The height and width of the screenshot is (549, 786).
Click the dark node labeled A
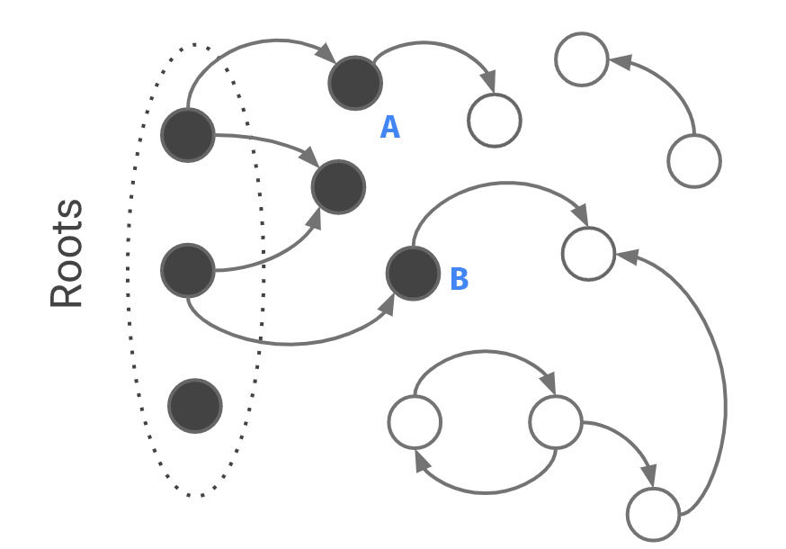355,83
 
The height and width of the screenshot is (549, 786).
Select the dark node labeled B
413,274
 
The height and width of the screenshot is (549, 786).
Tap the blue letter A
389,128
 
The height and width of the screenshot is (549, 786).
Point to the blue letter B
459,280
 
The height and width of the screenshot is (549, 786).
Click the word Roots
67,254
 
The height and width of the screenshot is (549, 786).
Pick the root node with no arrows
195,406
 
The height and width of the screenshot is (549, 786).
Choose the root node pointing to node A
188,135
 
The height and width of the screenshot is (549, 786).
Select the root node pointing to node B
188,270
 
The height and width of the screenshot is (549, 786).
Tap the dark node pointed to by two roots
338,187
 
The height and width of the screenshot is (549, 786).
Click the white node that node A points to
495,120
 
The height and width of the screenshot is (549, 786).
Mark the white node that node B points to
588,254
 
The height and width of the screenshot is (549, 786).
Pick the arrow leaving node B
495,185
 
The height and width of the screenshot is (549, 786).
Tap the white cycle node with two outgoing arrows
555,422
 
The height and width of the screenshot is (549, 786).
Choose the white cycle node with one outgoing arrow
415,422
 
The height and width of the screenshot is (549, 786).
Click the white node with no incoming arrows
694,161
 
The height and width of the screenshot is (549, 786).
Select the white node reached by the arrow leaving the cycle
653,515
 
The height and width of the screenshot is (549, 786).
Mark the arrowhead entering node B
388,304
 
